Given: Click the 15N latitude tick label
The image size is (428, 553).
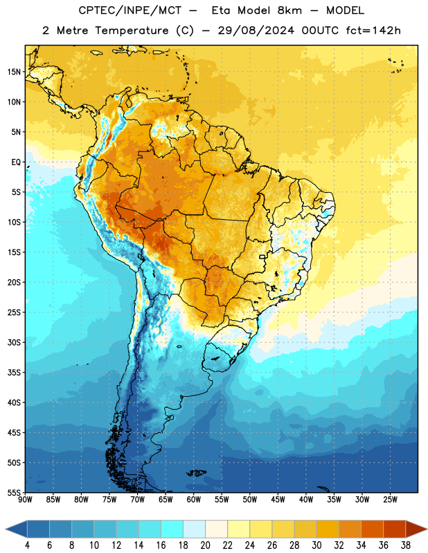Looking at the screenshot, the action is point(14,72).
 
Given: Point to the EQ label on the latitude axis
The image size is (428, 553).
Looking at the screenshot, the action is point(16,162).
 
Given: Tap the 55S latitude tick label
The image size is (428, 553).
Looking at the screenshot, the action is point(14,493).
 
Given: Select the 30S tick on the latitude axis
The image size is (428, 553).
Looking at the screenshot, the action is point(14,342).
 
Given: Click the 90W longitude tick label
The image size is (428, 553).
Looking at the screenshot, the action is point(25,500).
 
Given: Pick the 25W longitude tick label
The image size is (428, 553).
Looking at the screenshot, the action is point(390,500).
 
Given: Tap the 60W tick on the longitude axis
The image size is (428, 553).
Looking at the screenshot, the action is point(194,500).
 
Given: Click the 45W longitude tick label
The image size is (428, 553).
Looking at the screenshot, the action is point(278,500).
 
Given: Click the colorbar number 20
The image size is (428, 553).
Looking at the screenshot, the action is point(205,545).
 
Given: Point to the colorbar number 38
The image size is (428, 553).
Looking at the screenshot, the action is point(406,545).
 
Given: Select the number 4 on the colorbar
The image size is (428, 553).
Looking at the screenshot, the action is point(27,545).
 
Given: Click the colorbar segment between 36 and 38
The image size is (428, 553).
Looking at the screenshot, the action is point(395,529).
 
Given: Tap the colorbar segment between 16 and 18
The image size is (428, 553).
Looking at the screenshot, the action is point(172,529).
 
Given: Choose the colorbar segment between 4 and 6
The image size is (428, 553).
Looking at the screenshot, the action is point(38,529).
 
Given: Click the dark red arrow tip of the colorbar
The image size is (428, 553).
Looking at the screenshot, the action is point(426,529).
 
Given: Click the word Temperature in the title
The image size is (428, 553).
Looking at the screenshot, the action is point(132,30).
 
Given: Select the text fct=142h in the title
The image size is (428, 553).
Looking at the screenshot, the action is point(373,30).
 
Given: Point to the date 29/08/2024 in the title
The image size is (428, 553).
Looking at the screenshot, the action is point(256,30).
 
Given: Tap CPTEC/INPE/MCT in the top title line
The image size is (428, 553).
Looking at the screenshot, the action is point(130,10).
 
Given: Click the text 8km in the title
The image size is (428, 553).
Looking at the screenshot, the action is point(289,10).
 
